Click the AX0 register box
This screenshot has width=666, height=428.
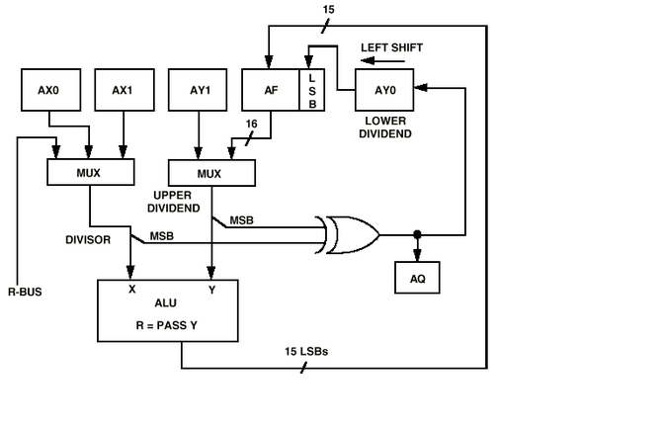click(x=48, y=90)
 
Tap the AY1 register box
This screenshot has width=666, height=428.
click(x=199, y=90)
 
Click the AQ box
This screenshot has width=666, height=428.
click(x=417, y=279)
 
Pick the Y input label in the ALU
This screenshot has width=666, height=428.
click(x=210, y=290)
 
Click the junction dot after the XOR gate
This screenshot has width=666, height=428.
click(x=417, y=235)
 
